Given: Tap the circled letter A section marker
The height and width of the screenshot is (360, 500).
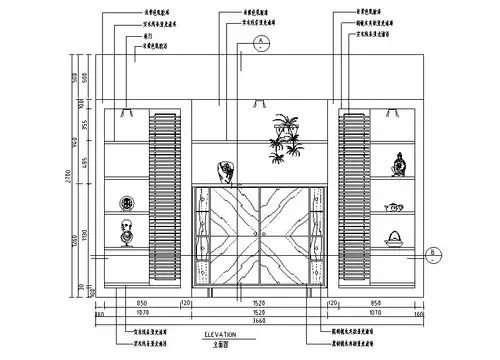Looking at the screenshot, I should click(258, 41).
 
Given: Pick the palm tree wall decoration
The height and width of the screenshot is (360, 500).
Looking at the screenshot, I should click(285, 136).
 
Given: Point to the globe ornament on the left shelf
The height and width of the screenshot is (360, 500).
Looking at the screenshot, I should click(127, 236).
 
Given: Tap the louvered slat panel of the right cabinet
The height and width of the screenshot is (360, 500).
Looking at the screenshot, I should click(351, 195).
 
